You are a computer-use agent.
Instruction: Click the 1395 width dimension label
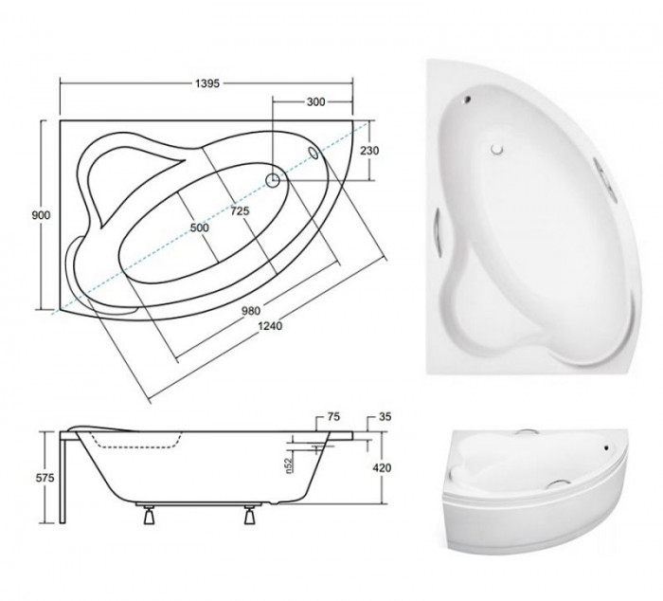[x=207, y=83]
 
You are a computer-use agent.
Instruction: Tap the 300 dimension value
[x=315, y=102]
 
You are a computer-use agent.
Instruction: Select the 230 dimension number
[x=369, y=150]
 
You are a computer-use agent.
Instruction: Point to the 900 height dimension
[x=41, y=215]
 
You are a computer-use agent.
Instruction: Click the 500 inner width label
[x=200, y=228]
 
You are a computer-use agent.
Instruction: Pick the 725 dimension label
[x=241, y=210]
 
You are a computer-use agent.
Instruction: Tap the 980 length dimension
[x=251, y=311]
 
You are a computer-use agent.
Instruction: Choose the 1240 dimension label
[x=270, y=326]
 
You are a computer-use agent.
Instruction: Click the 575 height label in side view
[x=45, y=478]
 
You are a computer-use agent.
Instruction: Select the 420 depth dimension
[x=382, y=468]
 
